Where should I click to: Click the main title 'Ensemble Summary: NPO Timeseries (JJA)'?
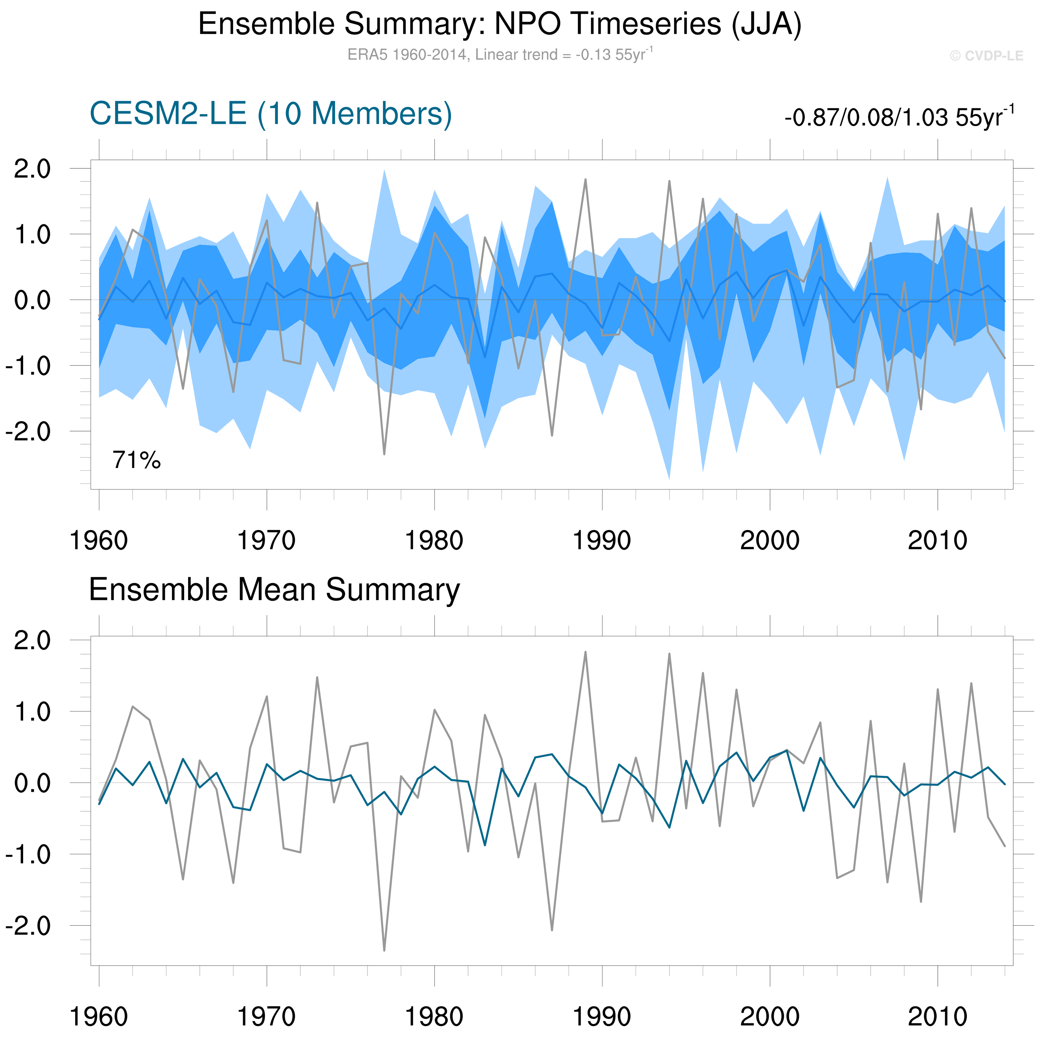pos(500,24)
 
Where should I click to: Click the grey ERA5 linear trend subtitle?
pos(500,54)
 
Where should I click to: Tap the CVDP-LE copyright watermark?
pos(986,56)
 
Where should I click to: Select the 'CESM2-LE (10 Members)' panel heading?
pos(270,114)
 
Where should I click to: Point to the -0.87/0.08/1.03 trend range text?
pos(899,117)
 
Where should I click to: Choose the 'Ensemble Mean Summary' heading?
pos(274,589)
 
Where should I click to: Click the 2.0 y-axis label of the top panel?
pos(32,169)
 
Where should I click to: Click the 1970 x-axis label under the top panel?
pos(267,540)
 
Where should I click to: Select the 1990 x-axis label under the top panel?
pos(602,540)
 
